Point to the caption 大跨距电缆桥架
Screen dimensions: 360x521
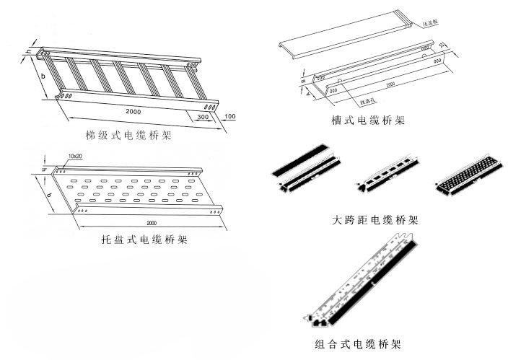pyautogui.click(x=375, y=219)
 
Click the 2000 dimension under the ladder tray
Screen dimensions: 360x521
pyautogui.click(x=132, y=113)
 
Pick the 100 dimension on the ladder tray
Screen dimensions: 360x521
pyautogui.click(x=230, y=117)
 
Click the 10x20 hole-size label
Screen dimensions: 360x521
pyautogui.click(x=76, y=156)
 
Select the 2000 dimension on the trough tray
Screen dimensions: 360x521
pyautogui.click(x=390, y=84)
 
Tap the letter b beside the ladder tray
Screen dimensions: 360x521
pyautogui.click(x=43, y=76)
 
